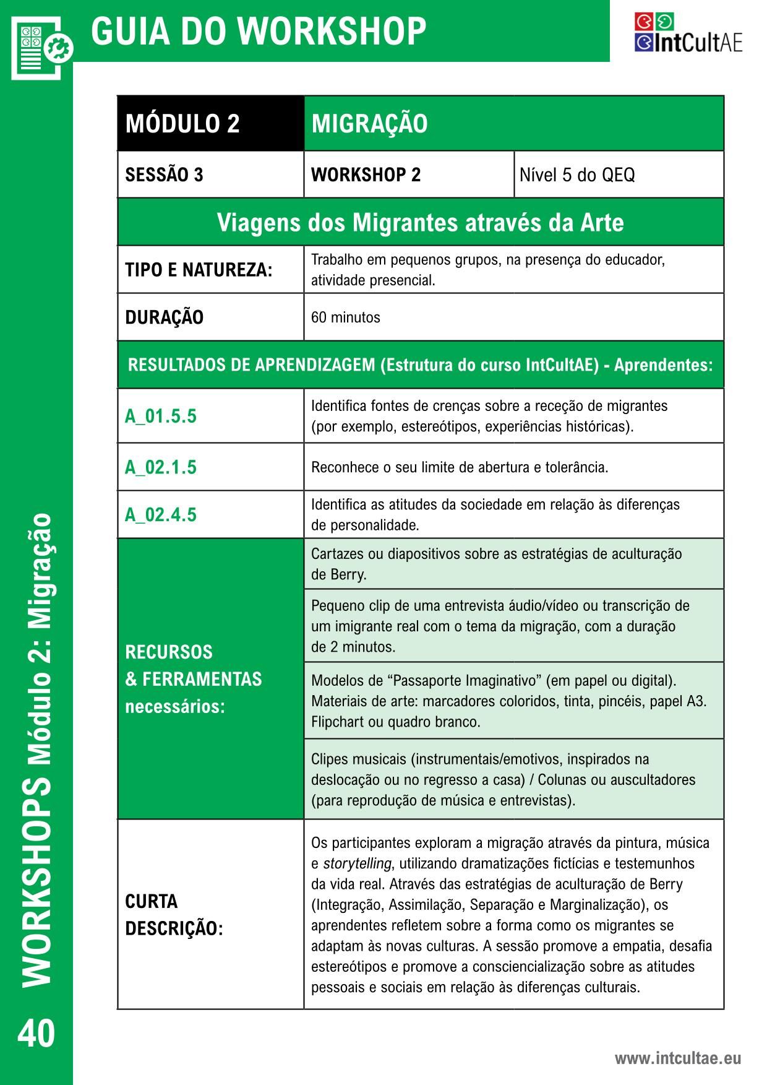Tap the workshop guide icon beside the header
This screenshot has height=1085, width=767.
[x=41, y=47]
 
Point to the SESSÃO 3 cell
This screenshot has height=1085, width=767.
[x=165, y=175]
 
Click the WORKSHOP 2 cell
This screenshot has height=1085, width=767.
[x=366, y=175]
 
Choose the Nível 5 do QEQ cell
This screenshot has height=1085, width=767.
[x=577, y=175]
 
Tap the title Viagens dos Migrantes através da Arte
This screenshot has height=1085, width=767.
[x=420, y=222]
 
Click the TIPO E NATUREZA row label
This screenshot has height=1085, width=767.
[x=199, y=270]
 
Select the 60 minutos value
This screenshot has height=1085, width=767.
[x=345, y=318]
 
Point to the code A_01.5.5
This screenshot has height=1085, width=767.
[x=161, y=416]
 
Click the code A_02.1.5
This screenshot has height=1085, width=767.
[x=161, y=467]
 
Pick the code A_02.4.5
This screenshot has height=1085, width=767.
[x=161, y=514]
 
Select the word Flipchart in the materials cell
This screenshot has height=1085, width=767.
[x=338, y=722]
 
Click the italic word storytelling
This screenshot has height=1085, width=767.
[x=357, y=863]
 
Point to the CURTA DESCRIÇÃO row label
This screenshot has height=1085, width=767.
[x=174, y=915]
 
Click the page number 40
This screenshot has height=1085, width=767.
[x=36, y=1034]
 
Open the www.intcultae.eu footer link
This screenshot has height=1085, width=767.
[x=677, y=1058]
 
